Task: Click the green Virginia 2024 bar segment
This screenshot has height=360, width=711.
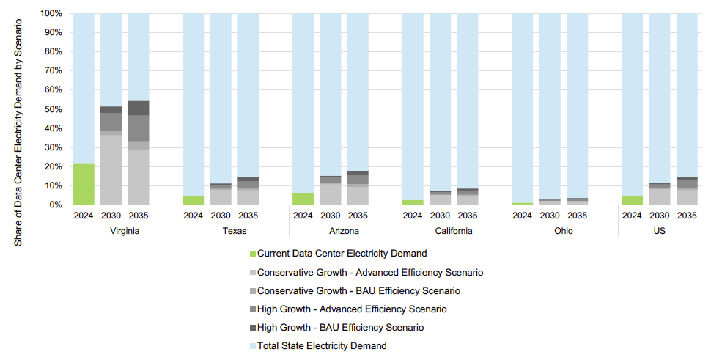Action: pyautogui.click(x=84, y=184)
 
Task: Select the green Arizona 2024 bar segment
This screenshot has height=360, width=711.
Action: pyautogui.click(x=303, y=199)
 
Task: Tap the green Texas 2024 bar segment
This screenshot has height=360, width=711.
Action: pyautogui.click(x=193, y=200)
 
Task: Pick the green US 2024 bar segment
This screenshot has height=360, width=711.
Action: pyautogui.click(x=632, y=200)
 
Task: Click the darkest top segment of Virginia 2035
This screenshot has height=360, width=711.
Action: pyautogui.click(x=139, y=108)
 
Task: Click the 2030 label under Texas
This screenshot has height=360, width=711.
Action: pyautogui.click(x=221, y=216)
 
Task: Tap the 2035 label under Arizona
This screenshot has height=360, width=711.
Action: pyautogui.click(x=358, y=216)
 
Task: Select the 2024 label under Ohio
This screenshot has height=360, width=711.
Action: pyautogui.click(x=522, y=216)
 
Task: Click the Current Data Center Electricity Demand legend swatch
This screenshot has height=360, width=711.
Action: pyautogui.click(x=254, y=254)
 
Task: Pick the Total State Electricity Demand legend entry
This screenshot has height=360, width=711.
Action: pyautogui.click(x=323, y=345)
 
